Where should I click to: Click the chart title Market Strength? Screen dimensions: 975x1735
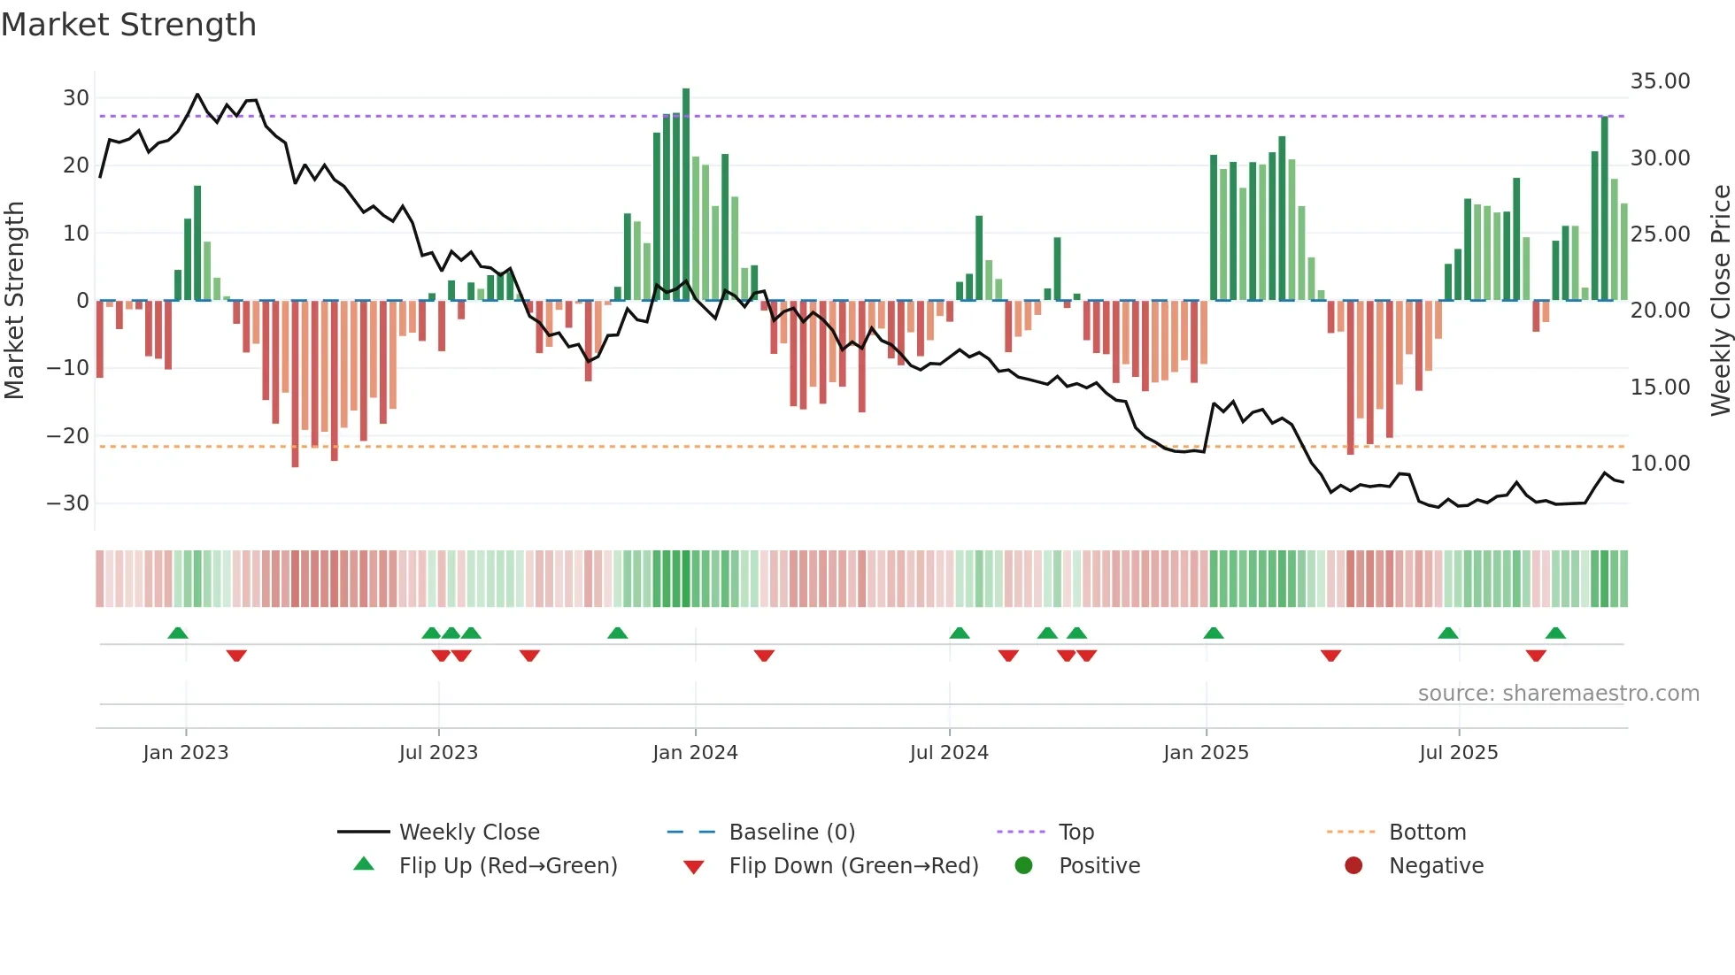pyautogui.click(x=128, y=25)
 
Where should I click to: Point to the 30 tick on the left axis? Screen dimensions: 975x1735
pyautogui.click(x=76, y=98)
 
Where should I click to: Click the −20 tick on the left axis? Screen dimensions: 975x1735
pyautogui.click(x=68, y=436)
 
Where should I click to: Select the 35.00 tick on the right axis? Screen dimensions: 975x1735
pyautogui.click(x=1660, y=81)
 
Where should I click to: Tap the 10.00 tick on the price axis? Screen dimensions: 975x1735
pyautogui.click(x=1660, y=464)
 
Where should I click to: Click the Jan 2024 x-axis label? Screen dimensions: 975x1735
pyautogui.click(x=695, y=753)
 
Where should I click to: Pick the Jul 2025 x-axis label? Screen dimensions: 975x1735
pyautogui.click(x=1458, y=753)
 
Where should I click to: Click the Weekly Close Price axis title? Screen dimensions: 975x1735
pyautogui.click(x=1720, y=301)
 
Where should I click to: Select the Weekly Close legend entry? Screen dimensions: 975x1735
pyautogui.click(x=468, y=833)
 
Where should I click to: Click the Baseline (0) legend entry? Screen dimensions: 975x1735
pyautogui.click(x=791, y=833)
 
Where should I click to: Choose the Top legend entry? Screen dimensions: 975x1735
pyautogui.click(x=1076, y=833)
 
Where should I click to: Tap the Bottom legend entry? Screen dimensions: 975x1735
pyautogui.click(x=1427, y=833)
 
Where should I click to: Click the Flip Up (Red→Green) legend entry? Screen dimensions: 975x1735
pyautogui.click(x=507, y=866)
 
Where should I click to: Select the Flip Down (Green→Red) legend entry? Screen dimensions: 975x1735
pyautogui.click(x=853, y=866)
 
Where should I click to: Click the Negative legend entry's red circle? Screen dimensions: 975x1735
pyautogui.click(x=1353, y=866)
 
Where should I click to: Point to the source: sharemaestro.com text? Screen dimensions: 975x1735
pyautogui.click(x=1558, y=694)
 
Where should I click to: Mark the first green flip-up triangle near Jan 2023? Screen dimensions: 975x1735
pyautogui.click(x=178, y=633)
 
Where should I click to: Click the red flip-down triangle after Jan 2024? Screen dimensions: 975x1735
pyautogui.click(x=764, y=656)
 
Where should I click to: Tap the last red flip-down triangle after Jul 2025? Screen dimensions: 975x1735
pyautogui.click(x=1536, y=656)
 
